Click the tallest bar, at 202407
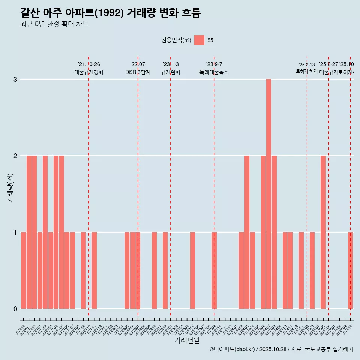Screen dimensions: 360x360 click(268, 194)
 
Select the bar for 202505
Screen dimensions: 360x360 click(323, 232)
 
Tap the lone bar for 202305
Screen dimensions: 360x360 click(192, 270)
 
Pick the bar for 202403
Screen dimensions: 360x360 click(247, 232)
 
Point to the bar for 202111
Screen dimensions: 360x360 click(94, 270)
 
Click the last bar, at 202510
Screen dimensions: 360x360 click(350, 270)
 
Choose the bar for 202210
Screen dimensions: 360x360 click(154, 270)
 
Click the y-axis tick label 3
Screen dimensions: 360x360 click(15, 79)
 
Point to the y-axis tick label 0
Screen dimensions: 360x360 click(15, 309)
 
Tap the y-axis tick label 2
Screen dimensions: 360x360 click(15, 156)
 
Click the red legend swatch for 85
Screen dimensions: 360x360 click(199, 40)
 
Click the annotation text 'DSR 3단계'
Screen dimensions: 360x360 click(138, 72)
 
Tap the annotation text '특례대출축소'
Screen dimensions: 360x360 click(214, 72)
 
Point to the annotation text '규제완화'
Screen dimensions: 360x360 click(171, 72)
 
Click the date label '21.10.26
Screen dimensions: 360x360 click(89, 64)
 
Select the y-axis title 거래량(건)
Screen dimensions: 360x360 click(10, 187)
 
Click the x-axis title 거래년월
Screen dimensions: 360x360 click(187, 340)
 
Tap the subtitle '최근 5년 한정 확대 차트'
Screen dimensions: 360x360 click(54, 24)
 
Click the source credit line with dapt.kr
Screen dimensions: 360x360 click(281, 349)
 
